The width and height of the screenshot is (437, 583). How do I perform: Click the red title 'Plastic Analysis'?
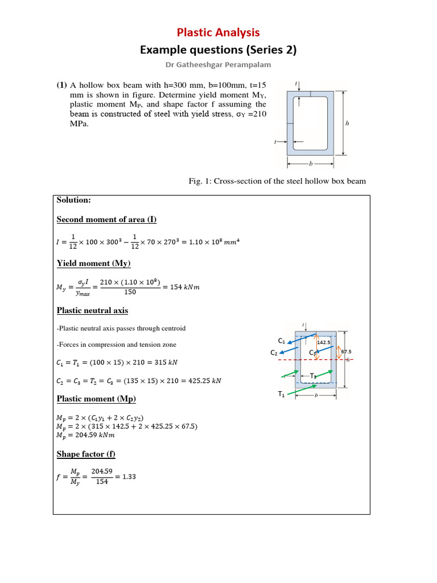218,32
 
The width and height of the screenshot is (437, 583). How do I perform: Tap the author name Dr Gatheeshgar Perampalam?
218,64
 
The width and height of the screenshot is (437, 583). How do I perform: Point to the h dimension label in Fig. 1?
348,122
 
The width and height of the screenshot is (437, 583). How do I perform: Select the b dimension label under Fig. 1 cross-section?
310,163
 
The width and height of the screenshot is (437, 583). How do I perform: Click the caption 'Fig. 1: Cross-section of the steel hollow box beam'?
277,181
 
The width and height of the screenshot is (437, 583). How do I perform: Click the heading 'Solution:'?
74,200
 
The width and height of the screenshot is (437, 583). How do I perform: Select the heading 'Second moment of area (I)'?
106,219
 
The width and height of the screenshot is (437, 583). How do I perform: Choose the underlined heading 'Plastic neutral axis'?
92,310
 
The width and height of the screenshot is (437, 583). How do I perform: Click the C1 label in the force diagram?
281,340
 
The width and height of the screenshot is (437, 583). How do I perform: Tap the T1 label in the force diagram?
281,394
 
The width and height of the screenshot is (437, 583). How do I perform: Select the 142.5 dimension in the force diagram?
324,343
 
